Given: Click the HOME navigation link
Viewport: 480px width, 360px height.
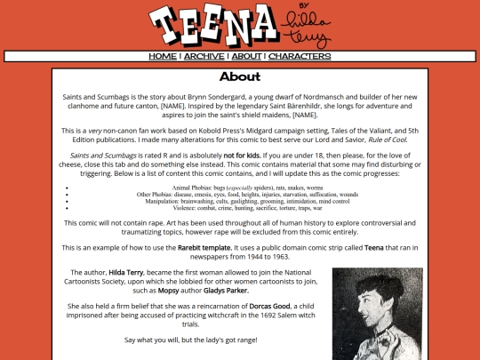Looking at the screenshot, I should tap(163, 56).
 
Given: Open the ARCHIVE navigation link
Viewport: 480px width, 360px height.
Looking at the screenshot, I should tap(204, 56).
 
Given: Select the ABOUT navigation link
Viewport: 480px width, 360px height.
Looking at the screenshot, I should tap(246, 56).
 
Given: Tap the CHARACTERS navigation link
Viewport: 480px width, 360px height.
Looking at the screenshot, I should tap(300, 56).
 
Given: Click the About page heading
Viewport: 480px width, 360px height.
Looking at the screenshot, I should tap(240, 77).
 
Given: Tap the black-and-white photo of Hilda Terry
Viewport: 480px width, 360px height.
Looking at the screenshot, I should tap(377, 313).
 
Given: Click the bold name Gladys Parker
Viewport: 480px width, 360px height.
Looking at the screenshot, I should tap(223, 290).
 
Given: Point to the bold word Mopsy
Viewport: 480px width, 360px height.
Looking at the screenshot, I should tap(144, 290).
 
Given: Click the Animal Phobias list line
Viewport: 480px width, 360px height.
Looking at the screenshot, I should tap(240, 188).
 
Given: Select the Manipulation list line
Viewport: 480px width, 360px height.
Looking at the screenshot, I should tap(240, 201).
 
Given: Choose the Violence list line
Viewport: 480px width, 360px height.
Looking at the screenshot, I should tap(240, 207).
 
